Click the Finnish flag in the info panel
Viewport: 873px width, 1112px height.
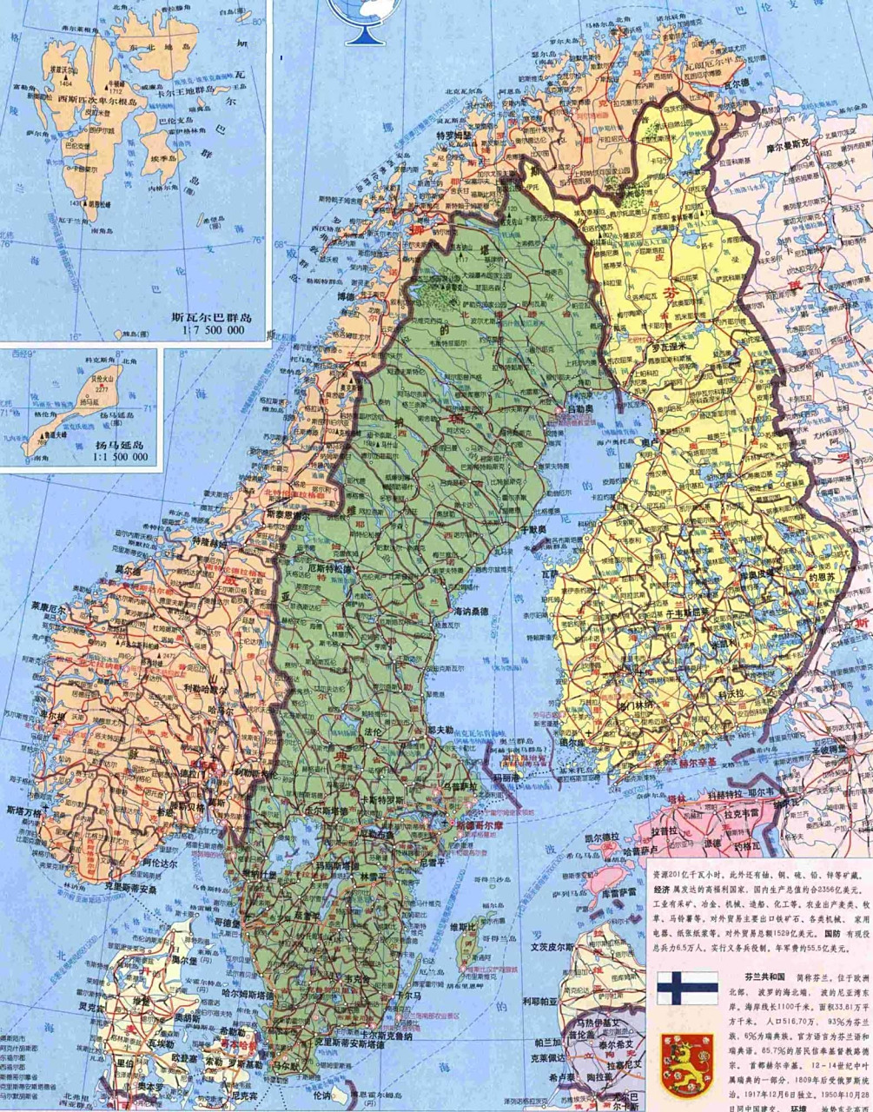point(686,988)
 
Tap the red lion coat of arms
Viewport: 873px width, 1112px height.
point(686,1065)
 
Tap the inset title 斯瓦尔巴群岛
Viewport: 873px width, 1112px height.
point(211,317)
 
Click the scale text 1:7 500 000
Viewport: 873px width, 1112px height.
point(213,331)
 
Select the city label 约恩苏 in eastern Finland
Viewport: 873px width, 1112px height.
point(820,576)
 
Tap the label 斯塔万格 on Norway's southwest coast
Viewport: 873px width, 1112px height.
point(24,811)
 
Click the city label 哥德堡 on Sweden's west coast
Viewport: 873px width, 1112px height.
point(228,923)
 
